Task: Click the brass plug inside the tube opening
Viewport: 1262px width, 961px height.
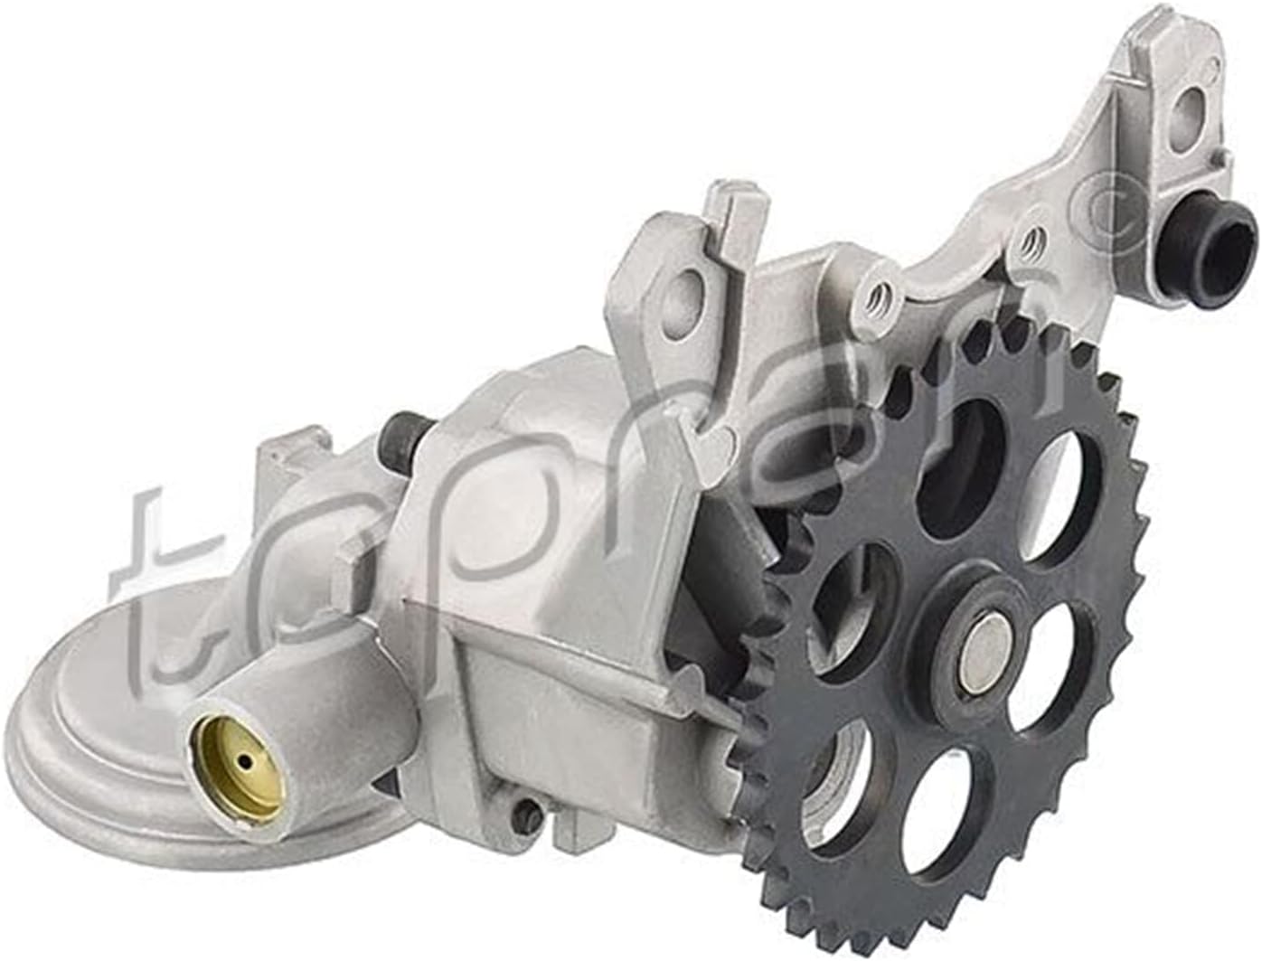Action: [238, 764]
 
